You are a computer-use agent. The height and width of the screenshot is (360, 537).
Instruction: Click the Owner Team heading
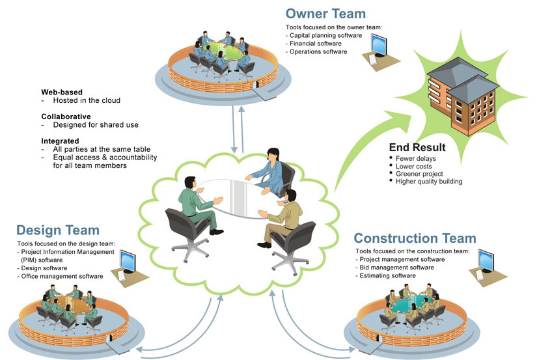point(325,14)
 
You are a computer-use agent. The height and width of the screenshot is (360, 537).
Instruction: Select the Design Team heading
point(58,230)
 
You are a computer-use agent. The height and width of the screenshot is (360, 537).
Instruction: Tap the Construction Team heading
point(415,238)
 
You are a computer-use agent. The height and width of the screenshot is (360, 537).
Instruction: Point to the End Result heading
point(417,147)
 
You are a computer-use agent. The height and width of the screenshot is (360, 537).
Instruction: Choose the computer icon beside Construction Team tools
point(486,262)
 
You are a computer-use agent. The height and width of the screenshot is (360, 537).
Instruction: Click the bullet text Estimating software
point(388,276)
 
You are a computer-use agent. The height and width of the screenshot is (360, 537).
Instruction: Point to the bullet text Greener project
point(419,174)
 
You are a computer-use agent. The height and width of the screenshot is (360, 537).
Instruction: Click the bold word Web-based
point(62,92)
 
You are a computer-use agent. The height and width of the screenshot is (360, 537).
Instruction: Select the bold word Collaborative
point(66,117)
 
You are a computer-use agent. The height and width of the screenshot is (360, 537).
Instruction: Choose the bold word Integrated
point(60,141)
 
